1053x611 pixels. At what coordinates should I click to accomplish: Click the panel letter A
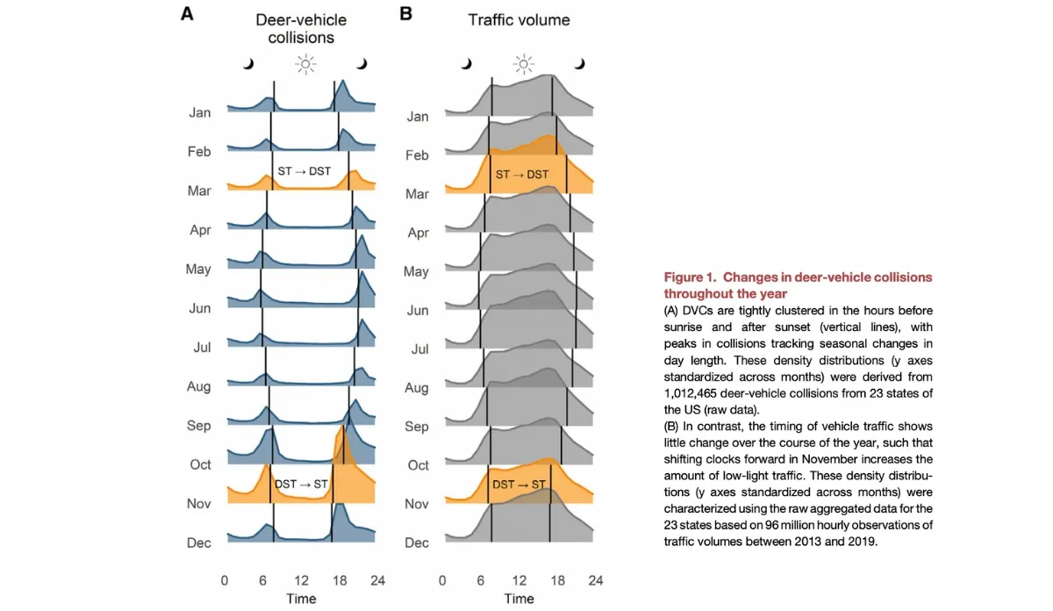point(187,14)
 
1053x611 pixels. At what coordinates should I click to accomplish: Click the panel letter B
point(405,14)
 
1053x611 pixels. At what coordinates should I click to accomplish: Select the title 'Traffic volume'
point(520,19)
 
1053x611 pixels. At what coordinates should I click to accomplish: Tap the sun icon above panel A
point(304,63)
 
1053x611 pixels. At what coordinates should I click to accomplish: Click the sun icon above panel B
point(523,63)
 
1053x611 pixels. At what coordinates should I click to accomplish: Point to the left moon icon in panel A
point(248,63)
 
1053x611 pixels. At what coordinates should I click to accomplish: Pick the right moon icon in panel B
point(579,63)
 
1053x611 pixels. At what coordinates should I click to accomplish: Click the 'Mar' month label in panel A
point(199,190)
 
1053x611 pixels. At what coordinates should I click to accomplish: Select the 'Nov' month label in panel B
point(417,504)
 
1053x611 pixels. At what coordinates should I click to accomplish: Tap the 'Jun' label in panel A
point(199,308)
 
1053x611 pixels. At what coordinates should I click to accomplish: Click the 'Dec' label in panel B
point(418,543)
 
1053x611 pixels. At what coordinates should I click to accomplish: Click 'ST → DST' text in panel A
point(304,171)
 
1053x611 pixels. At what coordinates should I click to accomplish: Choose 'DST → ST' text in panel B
point(519,485)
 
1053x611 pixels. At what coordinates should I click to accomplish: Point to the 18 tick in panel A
point(340,580)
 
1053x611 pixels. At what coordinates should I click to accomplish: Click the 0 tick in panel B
point(442,580)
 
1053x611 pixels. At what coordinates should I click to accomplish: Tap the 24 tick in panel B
point(595,580)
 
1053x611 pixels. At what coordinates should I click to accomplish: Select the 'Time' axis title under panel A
point(301,599)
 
